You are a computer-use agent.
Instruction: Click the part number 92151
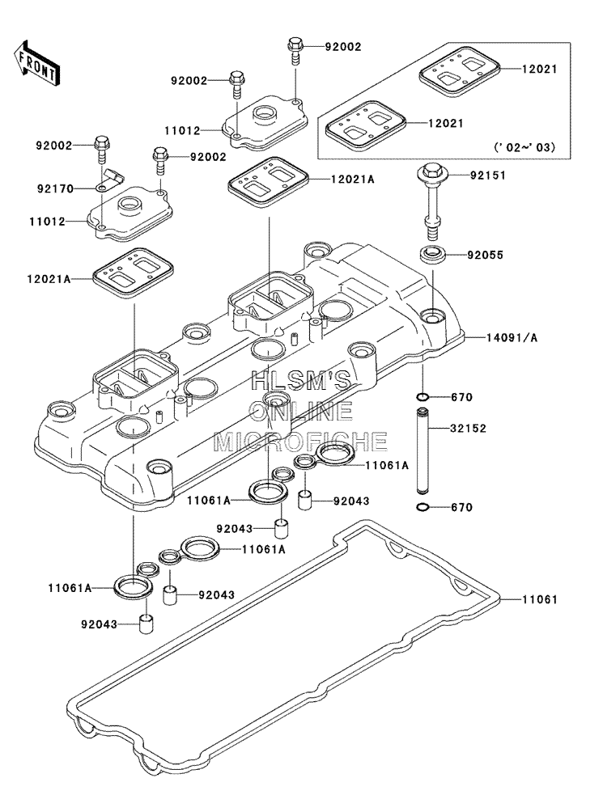(x=488, y=175)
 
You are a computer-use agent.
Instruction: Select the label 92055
(x=486, y=255)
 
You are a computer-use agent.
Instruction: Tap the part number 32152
(x=468, y=429)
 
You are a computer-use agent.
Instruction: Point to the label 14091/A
(x=512, y=337)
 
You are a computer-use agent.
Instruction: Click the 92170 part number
(x=55, y=188)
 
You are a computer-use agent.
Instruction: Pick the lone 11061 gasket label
(x=540, y=600)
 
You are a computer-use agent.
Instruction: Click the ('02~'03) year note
(x=525, y=147)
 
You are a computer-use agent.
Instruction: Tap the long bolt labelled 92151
(x=431, y=203)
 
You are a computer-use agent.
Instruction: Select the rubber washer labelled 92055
(x=432, y=253)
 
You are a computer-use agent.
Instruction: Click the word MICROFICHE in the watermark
(x=301, y=442)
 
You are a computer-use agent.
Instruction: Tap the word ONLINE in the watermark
(x=301, y=411)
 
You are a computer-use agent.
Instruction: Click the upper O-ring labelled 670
(x=423, y=397)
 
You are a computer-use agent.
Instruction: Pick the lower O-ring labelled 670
(x=423, y=507)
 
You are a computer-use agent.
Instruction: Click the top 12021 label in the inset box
(x=540, y=69)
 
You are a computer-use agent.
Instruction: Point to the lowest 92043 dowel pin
(x=147, y=623)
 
